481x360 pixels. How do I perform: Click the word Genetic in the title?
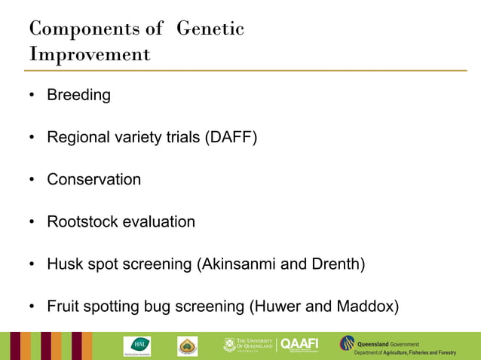coord(210,29)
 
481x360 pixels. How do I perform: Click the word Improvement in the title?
coord(90,54)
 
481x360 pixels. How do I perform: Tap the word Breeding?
coord(78,96)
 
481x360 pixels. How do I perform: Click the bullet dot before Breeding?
coord(32,96)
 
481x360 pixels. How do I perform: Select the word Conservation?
coord(93,180)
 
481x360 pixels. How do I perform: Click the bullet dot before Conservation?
coord(32,180)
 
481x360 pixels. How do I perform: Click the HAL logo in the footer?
coord(136,346)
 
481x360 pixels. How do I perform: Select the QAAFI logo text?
coord(299,345)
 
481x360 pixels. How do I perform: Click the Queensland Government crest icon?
coord(348,343)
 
